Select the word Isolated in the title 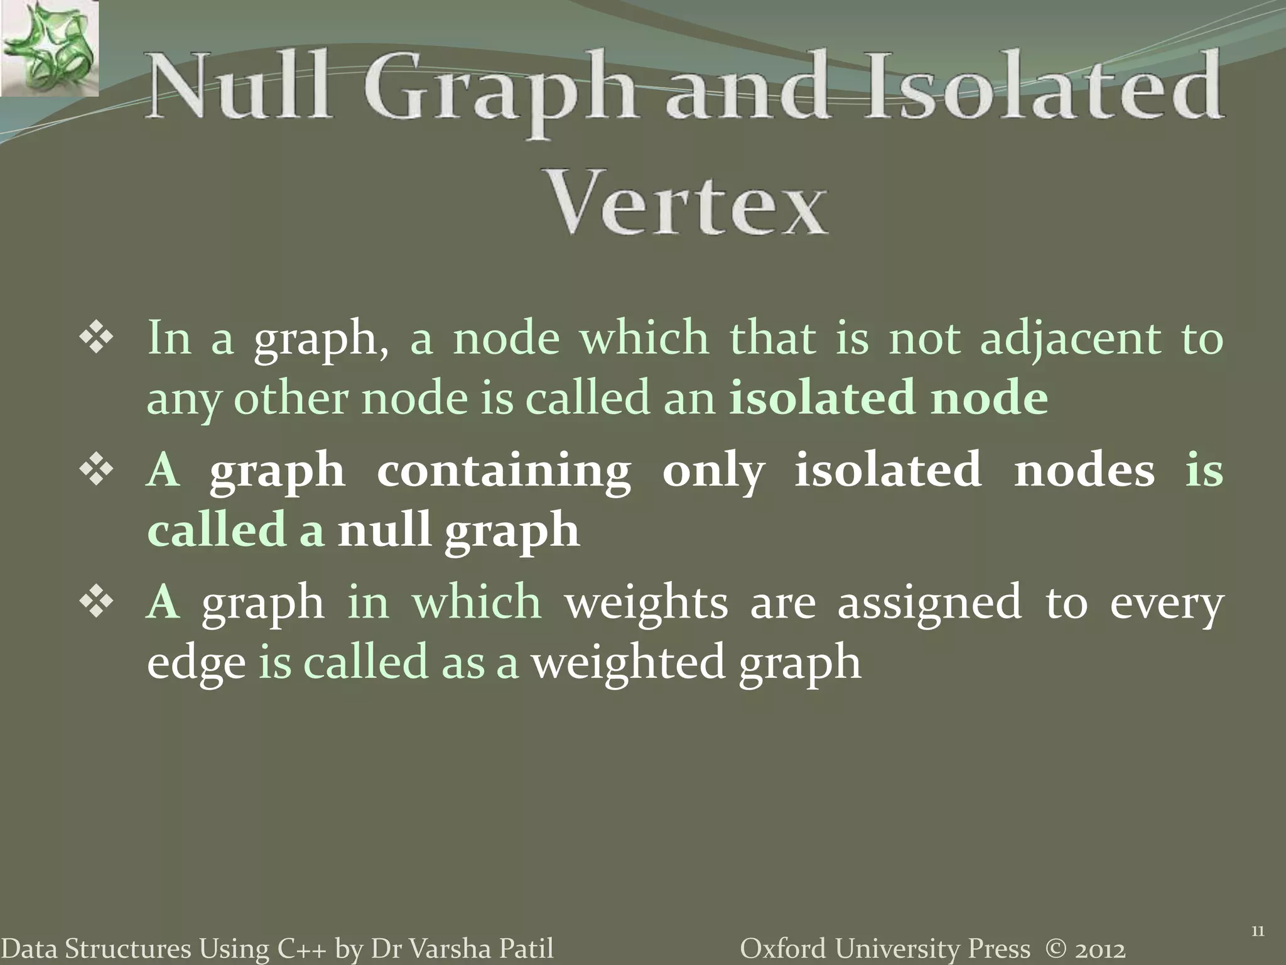click(1043, 88)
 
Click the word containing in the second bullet click(504, 471)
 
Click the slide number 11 click(1257, 932)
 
